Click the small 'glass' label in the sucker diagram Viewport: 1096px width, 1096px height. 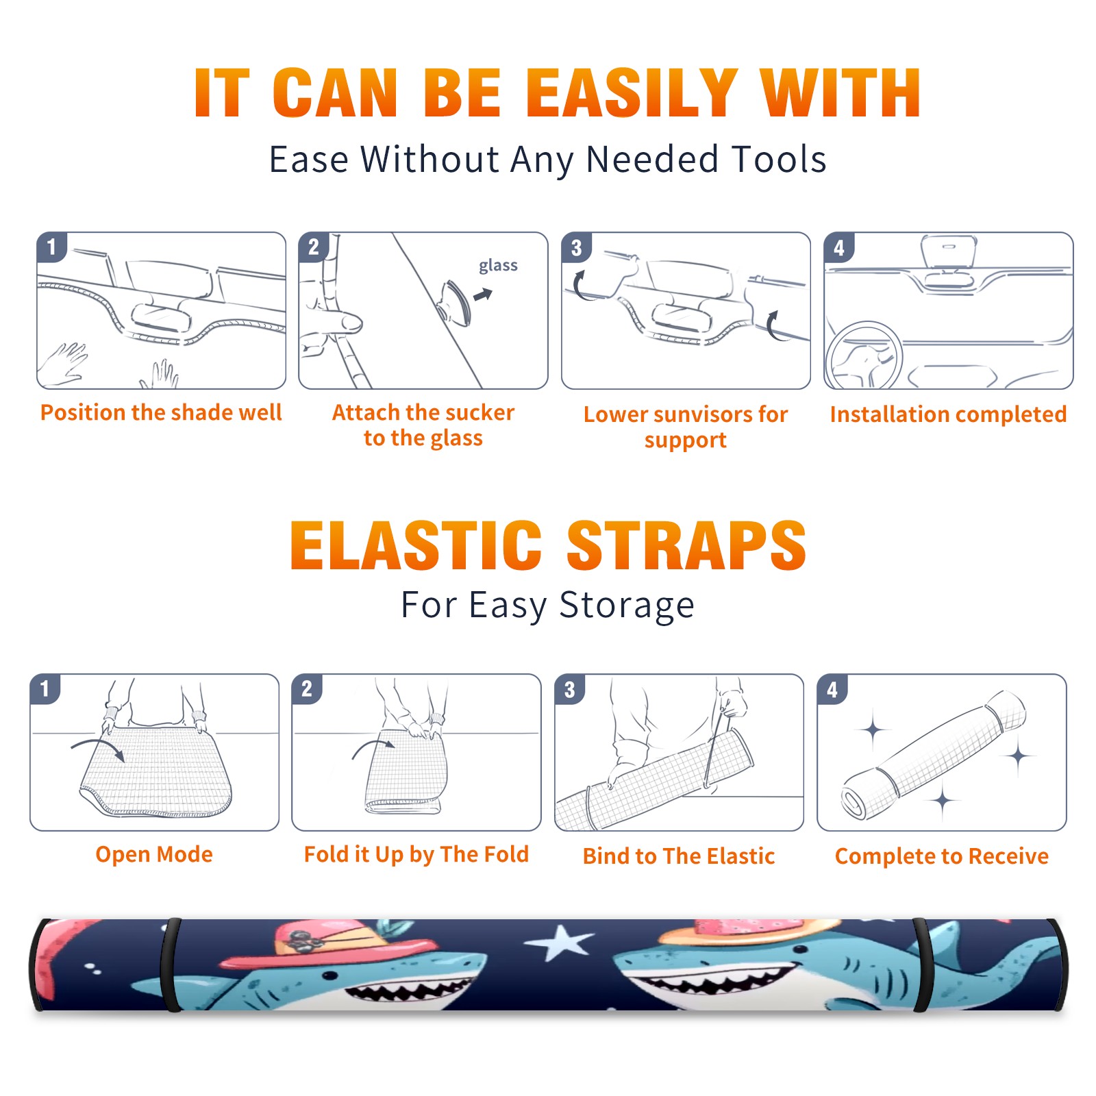(x=498, y=266)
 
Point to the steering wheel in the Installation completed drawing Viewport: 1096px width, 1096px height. (x=864, y=356)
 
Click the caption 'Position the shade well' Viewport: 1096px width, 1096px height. (x=161, y=412)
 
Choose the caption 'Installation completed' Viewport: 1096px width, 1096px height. (x=948, y=414)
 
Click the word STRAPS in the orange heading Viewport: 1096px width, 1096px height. (x=686, y=545)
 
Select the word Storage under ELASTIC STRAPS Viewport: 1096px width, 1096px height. (x=627, y=606)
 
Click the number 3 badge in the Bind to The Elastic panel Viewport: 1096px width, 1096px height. (x=570, y=689)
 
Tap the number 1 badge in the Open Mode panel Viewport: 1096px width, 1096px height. (x=45, y=688)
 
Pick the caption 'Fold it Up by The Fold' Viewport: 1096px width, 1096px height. (x=416, y=855)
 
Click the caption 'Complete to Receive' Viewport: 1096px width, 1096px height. (x=942, y=856)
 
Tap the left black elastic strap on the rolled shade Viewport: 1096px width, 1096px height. (x=171, y=965)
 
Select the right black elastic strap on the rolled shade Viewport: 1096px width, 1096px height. (x=922, y=965)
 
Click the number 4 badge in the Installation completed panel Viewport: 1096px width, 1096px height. (x=839, y=247)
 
